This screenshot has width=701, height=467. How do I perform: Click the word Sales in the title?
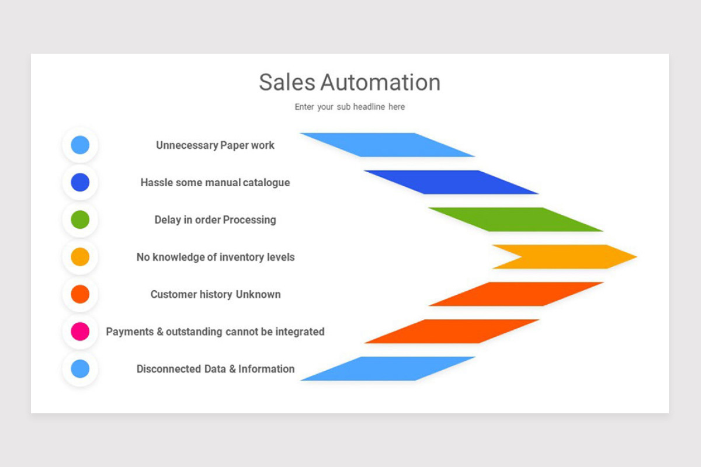(287, 82)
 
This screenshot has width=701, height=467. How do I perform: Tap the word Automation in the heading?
(380, 82)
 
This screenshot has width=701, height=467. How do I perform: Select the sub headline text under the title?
(349, 107)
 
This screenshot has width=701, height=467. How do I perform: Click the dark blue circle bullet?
(80, 182)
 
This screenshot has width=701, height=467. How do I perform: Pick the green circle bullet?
(80, 219)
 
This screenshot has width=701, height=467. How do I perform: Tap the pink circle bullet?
(80, 331)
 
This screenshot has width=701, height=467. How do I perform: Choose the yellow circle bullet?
(80, 257)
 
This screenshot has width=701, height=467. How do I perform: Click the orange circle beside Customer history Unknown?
(80, 294)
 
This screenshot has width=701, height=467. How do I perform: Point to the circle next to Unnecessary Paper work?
(80, 145)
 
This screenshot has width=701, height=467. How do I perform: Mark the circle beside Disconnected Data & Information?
(80, 368)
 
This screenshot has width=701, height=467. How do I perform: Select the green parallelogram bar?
(516, 219)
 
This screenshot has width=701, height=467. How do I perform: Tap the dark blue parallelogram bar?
(451, 182)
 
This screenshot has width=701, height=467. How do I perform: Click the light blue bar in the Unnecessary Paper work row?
(388, 145)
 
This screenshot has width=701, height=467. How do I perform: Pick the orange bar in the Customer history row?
(516, 294)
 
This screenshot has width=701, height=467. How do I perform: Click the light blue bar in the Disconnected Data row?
(388, 368)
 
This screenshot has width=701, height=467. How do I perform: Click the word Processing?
(249, 220)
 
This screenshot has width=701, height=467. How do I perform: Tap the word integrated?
(300, 332)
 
